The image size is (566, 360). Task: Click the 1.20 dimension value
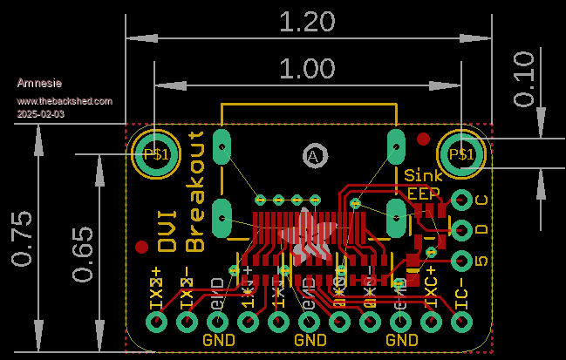(x=307, y=21)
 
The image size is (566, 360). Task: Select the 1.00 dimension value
(x=307, y=68)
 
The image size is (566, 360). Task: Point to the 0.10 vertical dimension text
(x=524, y=79)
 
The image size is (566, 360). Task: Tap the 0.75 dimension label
(x=24, y=238)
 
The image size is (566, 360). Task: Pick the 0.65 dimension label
(x=83, y=254)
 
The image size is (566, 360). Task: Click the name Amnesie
(x=39, y=83)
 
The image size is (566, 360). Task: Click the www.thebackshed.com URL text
(x=65, y=101)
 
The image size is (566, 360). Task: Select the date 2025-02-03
(x=40, y=114)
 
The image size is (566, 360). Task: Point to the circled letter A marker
(x=314, y=155)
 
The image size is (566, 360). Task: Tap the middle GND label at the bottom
(x=310, y=340)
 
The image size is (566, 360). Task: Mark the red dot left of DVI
(x=141, y=247)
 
